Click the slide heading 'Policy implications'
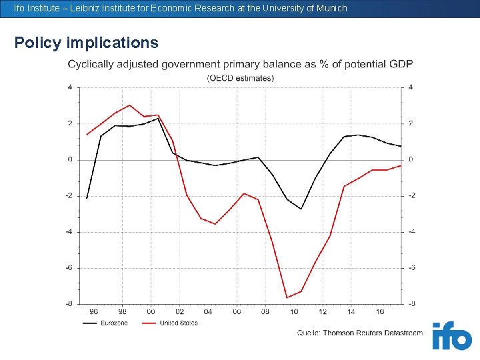point(87,43)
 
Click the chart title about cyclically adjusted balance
point(240,64)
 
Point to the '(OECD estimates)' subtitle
point(240,78)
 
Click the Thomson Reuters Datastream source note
point(360,333)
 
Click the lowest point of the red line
point(287,297)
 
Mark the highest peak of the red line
point(130,105)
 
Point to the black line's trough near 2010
point(301,209)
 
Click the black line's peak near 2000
point(158,118)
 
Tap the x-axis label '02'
point(179,311)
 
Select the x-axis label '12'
point(323,311)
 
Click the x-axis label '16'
point(380,311)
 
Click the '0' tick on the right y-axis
point(411,159)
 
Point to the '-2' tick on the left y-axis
point(69,195)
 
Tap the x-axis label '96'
point(93,311)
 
